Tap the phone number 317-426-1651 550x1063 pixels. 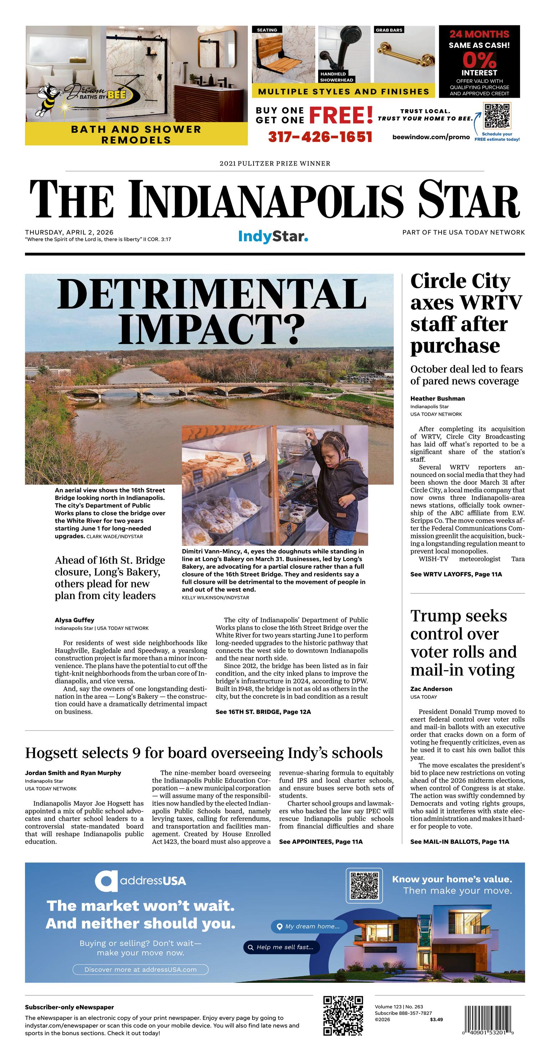tap(320, 137)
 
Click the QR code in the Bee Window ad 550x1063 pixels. tap(497, 116)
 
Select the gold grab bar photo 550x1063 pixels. tap(404, 55)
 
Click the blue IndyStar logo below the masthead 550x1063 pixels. tap(273, 237)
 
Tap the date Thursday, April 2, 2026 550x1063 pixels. tap(69, 232)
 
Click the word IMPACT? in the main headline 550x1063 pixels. tap(210, 330)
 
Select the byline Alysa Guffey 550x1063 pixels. tap(75, 620)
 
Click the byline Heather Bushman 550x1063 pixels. tap(437, 399)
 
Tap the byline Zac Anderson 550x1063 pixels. tap(431, 689)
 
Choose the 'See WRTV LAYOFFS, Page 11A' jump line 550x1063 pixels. tap(456, 574)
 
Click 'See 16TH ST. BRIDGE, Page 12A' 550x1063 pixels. tap(263, 712)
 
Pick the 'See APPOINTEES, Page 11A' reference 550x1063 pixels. tap(321, 842)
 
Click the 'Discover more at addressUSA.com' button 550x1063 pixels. tap(140, 969)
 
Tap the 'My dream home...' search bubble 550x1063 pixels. tap(309, 926)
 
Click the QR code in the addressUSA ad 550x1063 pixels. tap(364, 886)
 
